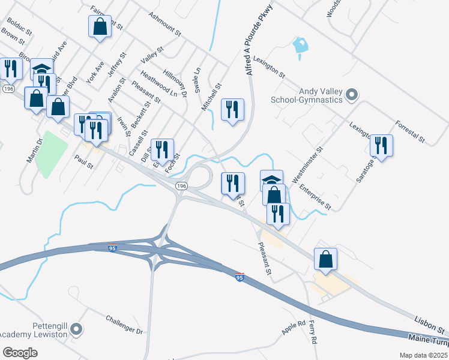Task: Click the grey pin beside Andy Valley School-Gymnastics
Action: [352, 95]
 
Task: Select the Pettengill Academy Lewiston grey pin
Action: [76, 329]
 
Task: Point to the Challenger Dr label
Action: [124, 324]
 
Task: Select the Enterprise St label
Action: [316, 197]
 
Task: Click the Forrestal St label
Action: [410, 132]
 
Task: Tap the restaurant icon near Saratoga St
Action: [381, 145]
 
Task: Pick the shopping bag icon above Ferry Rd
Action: [325, 259]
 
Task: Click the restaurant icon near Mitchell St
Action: [233, 109]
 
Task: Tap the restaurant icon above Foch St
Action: [162, 149]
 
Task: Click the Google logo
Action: [20, 353]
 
